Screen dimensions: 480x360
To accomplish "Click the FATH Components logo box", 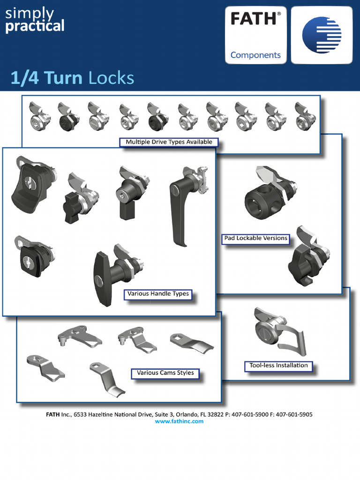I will pos(255,35).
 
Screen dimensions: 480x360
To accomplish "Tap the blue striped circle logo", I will pos(322,35).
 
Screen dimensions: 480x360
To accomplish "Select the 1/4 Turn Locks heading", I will pos(72,78).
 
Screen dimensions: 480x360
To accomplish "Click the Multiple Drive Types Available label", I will pos(169,142).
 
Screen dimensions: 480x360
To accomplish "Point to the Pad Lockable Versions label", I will pos(255,238).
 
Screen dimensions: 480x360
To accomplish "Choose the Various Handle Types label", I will pos(158,294).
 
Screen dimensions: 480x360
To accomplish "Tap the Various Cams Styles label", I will pos(165,373).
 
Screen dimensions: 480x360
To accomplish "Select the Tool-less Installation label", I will pos(278,366).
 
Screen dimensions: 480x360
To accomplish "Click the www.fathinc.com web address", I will pos(180,421).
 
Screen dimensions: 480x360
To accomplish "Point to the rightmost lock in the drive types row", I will pos(305,117).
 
